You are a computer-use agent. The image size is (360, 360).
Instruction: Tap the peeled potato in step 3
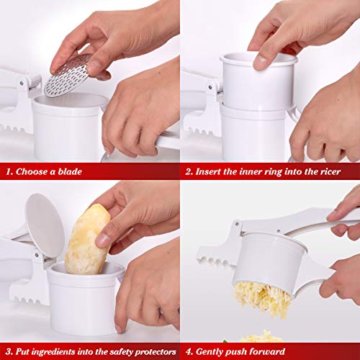[x=88, y=239]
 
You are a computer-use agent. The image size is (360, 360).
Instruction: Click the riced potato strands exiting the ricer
[x=264, y=297]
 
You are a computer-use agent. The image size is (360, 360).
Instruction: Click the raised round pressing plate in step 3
[x=44, y=225]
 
